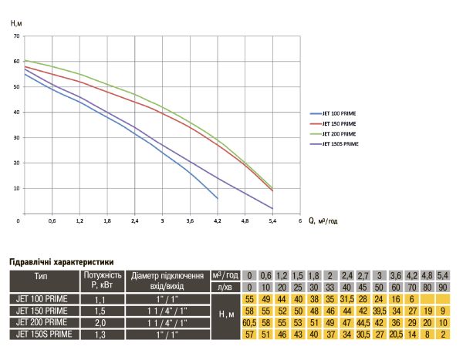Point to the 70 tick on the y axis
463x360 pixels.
[x=16, y=36]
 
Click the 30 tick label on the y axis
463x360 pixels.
[x=16, y=137]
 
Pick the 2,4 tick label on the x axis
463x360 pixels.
[x=134, y=220]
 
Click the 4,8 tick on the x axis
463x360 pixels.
[x=245, y=220]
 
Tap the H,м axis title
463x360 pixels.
[x=16, y=23]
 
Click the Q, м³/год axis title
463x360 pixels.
[x=323, y=220]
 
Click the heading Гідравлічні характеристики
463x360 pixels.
[x=62, y=262]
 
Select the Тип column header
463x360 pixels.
[x=41, y=277]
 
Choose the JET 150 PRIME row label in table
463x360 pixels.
[x=42, y=311]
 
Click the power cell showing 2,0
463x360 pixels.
[x=100, y=323]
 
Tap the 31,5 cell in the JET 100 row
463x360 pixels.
[x=346, y=299]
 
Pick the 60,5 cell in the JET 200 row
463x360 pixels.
[x=249, y=323]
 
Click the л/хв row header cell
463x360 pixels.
[x=225, y=287]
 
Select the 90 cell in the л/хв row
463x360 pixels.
[x=443, y=287]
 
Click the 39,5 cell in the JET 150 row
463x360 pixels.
[x=380, y=311]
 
